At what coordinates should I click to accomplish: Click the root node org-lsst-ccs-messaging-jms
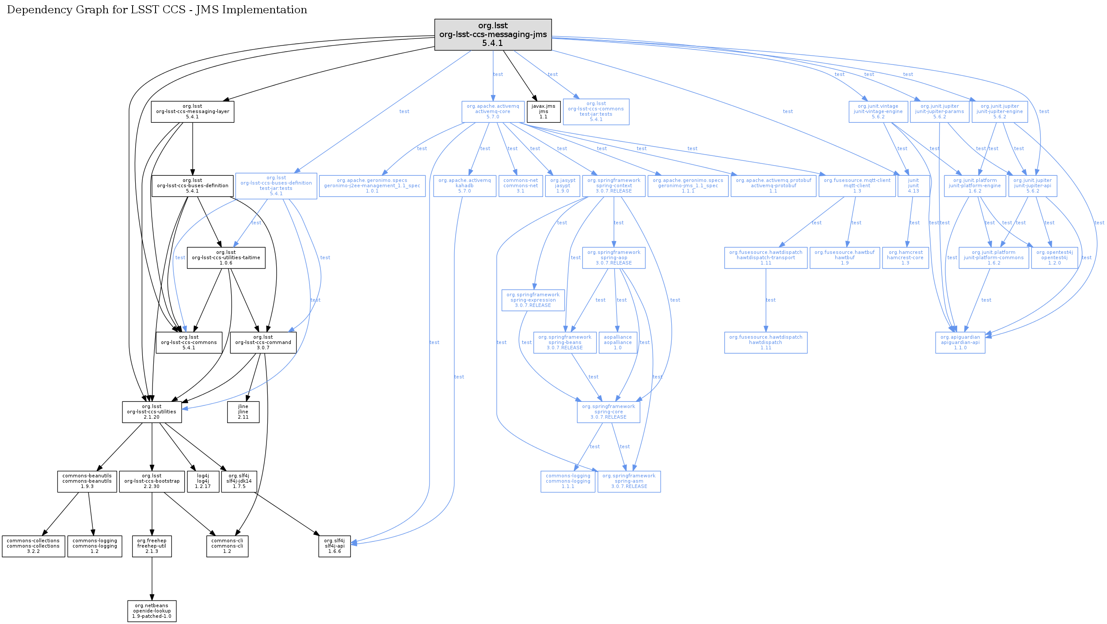click(493, 34)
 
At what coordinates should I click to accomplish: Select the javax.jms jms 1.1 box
click(543, 112)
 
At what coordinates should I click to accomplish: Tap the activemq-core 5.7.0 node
click(493, 112)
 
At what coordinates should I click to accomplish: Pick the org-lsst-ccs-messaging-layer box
click(192, 112)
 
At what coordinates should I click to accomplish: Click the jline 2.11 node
click(243, 412)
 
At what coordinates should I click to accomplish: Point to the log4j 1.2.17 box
click(203, 481)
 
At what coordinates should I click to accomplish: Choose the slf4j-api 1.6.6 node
click(335, 546)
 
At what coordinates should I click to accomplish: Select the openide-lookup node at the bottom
click(152, 611)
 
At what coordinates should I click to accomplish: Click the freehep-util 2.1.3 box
click(152, 546)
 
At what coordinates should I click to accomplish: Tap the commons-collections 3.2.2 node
click(33, 546)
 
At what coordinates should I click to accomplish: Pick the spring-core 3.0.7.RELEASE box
click(608, 412)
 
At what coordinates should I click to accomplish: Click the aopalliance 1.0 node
click(617, 343)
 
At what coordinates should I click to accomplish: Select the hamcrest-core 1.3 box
click(905, 258)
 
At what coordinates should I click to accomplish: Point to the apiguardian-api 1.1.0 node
click(960, 343)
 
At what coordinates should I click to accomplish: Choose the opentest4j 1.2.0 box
click(1054, 258)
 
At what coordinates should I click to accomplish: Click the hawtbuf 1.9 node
click(845, 258)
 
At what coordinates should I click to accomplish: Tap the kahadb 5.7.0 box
click(464, 186)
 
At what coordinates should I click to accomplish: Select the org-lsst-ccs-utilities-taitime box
click(226, 258)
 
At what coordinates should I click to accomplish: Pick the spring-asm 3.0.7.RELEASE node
click(629, 481)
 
